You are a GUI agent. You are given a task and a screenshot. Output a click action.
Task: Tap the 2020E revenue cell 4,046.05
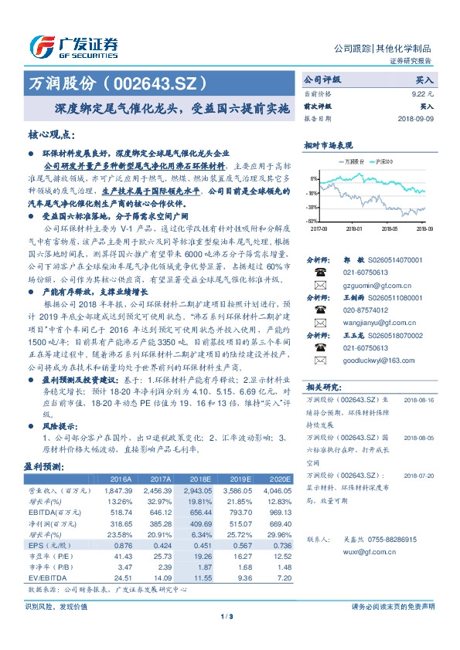pos(276,490)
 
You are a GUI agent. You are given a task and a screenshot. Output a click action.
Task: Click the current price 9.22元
pos(423,93)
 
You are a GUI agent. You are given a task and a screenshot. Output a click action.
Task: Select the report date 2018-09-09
pos(416,119)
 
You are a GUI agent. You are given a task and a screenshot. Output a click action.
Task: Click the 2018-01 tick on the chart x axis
pos(353,229)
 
